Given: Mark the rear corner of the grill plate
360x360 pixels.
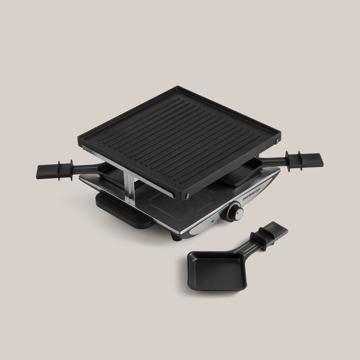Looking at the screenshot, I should [x=180, y=88].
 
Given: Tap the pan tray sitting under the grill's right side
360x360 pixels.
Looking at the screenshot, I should [x=243, y=176].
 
